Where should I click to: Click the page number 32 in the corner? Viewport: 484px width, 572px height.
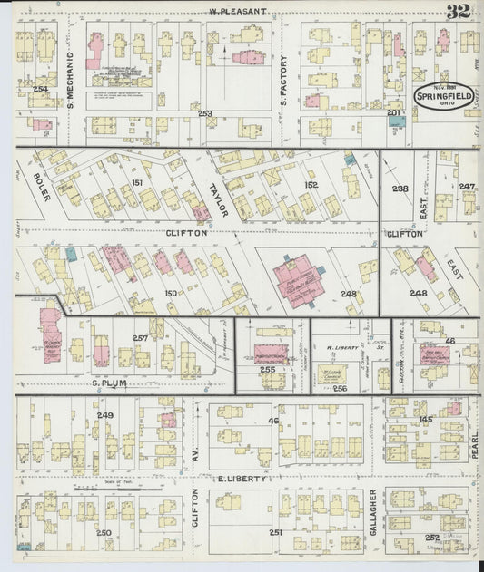click(x=458, y=11)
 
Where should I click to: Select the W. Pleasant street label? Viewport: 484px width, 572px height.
click(x=237, y=11)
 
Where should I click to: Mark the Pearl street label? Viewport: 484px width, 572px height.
click(x=474, y=444)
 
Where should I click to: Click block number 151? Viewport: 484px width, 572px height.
click(x=137, y=183)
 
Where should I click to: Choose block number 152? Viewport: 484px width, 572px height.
click(x=311, y=185)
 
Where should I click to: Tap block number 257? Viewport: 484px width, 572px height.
click(x=140, y=338)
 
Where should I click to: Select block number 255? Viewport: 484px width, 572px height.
click(x=267, y=370)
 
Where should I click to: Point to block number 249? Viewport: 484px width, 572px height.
click(x=106, y=415)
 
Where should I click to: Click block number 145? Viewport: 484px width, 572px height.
click(x=426, y=418)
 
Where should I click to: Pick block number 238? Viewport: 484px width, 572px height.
click(x=400, y=189)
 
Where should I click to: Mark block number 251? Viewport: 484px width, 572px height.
click(x=276, y=532)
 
